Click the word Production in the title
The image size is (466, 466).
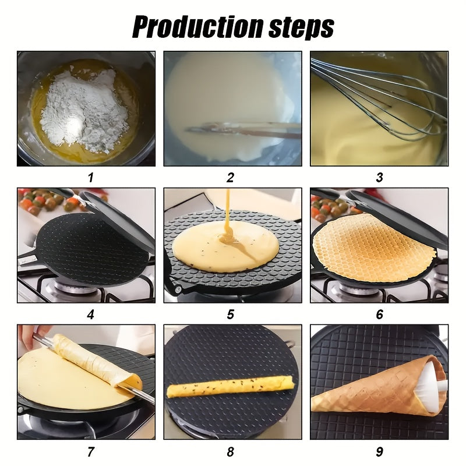coord(189,26)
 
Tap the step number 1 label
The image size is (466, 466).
coord(90,178)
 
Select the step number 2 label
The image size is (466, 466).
coord(231,178)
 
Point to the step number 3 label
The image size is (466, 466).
coord(379,178)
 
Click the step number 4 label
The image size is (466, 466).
coord(90,315)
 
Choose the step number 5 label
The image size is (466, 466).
coord(231,315)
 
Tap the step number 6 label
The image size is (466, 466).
coord(379,315)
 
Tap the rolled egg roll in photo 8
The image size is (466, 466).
coord(230,387)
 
